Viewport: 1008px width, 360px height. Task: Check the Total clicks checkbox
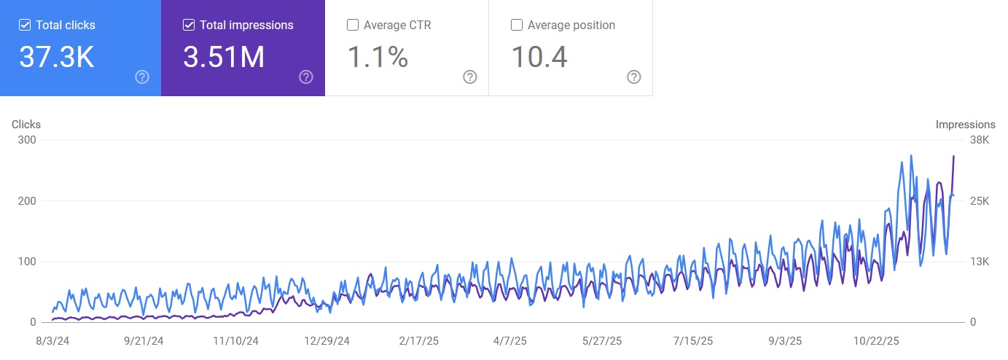(25, 26)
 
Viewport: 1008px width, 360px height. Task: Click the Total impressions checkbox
(189, 26)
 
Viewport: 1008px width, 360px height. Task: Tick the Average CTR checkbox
(353, 26)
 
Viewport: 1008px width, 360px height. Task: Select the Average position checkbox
(517, 26)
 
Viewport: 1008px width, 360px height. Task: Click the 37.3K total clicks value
(57, 58)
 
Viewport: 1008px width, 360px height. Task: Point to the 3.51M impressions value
(224, 58)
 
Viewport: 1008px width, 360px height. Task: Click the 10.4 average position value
(539, 58)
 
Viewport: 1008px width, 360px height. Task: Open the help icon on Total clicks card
(142, 77)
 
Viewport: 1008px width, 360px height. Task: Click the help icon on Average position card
(634, 77)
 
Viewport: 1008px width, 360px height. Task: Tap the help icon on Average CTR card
(470, 77)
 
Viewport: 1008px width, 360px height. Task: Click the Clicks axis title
(26, 125)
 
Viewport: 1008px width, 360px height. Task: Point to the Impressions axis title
(966, 125)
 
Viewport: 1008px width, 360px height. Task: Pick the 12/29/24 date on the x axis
(327, 340)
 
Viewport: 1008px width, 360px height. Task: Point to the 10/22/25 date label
(877, 340)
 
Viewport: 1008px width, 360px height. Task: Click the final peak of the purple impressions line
(953, 156)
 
